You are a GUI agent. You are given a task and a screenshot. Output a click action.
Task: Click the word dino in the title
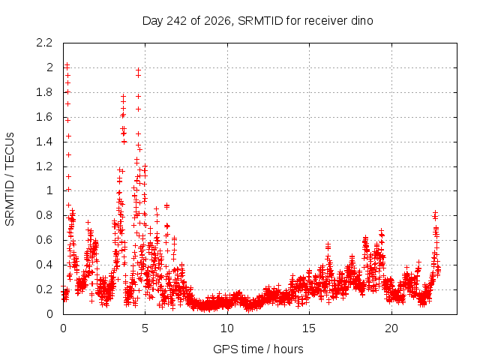(x=361, y=21)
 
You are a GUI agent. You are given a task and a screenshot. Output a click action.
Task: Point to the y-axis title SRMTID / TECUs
(x=10, y=179)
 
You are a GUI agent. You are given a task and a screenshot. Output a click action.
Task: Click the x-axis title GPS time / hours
(x=258, y=349)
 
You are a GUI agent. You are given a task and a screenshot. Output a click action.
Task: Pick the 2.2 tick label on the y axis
(x=44, y=43)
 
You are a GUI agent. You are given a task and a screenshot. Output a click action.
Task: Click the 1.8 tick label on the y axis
(x=44, y=92)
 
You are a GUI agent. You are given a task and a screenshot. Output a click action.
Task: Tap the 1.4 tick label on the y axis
(x=44, y=142)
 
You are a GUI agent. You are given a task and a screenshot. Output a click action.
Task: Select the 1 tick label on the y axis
(x=49, y=190)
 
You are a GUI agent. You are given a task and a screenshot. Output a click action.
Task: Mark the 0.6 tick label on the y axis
(x=44, y=240)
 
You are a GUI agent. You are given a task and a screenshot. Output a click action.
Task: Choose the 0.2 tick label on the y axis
(x=44, y=289)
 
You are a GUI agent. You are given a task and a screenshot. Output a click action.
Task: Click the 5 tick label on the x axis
(x=145, y=328)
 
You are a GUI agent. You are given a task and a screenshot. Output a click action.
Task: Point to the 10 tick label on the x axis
(x=227, y=328)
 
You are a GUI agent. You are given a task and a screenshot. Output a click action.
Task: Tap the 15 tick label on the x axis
(x=309, y=328)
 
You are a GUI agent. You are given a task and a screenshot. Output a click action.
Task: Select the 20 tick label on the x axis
(x=391, y=328)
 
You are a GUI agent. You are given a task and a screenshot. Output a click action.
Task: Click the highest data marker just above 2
(x=67, y=65)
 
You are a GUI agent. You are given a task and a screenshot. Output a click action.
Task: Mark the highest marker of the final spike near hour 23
(x=435, y=212)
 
